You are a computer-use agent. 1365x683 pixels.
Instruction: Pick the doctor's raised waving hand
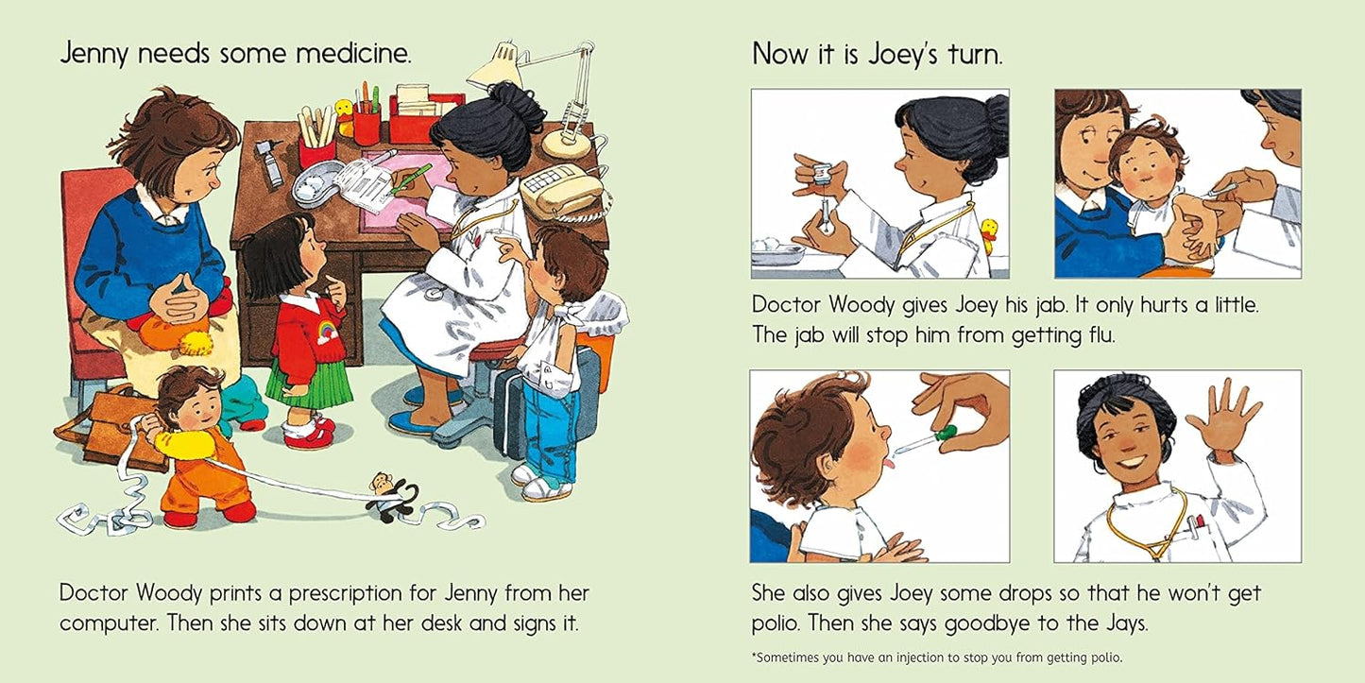1224,417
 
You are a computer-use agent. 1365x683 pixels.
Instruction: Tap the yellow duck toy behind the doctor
989,234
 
